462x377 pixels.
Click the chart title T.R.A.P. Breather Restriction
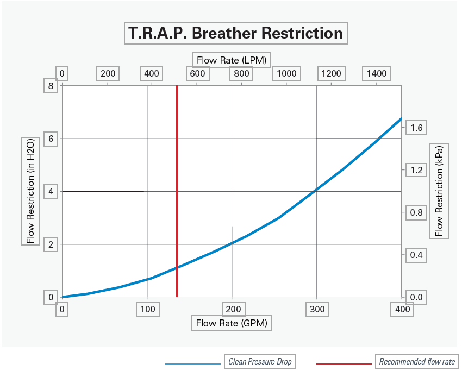tap(235, 33)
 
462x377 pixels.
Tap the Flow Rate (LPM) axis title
tap(232, 60)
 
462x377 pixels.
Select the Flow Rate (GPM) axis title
tap(232, 323)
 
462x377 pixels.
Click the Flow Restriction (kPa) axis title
tap(439, 191)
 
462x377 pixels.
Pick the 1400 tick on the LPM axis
tap(376, 74)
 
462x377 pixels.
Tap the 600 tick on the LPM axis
tap(197, 74)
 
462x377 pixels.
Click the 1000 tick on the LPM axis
tap(286, 74)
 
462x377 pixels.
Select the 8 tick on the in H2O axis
tap(51, 86)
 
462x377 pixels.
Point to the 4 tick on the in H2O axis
tap(51, 191)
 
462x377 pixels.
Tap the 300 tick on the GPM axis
tap(317, 310)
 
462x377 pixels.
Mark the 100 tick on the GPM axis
tap(147, 310)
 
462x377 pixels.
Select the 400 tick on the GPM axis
tap(402, 310)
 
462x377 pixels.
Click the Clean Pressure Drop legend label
tap(260, 362)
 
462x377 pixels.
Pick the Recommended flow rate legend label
tap(417, 362)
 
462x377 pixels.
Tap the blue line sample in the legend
tap(193, 363)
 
